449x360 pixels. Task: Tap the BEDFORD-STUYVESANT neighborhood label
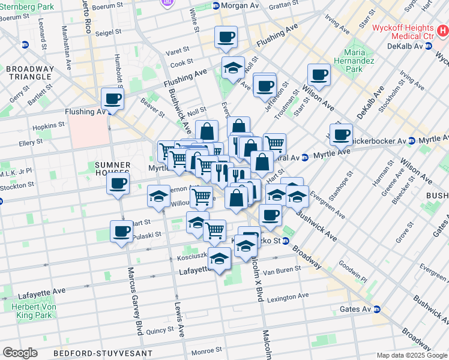point(102,353)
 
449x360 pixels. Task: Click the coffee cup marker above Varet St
point(226,38)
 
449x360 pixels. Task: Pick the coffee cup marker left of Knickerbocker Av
point(341,134)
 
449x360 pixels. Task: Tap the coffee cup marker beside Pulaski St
point(121,231)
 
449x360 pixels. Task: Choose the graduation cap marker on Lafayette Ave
point(220,259)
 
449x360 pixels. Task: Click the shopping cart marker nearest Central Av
point(274,143)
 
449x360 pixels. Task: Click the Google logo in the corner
point(20,352)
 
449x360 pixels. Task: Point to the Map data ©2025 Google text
point(412,355)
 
